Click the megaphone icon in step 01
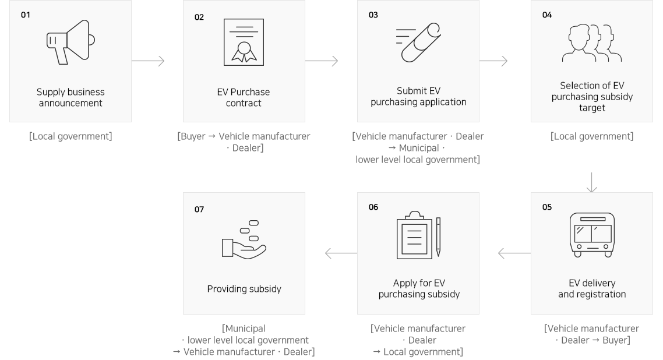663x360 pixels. pyautogui.click(x=70, y=42)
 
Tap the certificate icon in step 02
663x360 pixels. pyautogui.click(x=244, y=43)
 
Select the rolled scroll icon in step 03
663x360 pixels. pyautogui.click(x=418, y=42)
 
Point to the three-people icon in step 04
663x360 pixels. pyautogui.click(x=592, y=43)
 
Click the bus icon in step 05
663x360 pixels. pyautogui.click(x=592, y=235)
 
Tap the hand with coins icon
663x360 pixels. pyautogui.click(x=244, y=239)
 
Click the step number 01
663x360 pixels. pyautogui.click(x=25, y=15)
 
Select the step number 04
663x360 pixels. pyautogui.click(x=546, y=15)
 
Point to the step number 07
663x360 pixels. pyautogui.click(x=199, y=210)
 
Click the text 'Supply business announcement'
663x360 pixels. pyautogui.click(x=70, y=98)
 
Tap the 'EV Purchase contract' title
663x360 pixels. pyautogui.click(x=244, y=98)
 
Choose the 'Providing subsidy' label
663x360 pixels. pyautogui.click(x=244, y=289)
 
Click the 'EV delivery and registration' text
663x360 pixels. pyautogui.click(x=592, y=289)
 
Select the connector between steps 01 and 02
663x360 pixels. pyautogui.click(x=148, y=61)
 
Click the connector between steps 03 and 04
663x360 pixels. pyautogui.click(x=493, y=61)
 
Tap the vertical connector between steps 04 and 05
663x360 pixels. pyautogui.click(x=592, y=182)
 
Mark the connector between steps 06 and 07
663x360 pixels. pyautogui.click(x=341, y=253)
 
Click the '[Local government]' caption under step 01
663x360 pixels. pyautogui.click(x=70, y=137)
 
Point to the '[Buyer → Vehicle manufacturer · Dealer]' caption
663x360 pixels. pyautogui.click(x=244, y=142)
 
